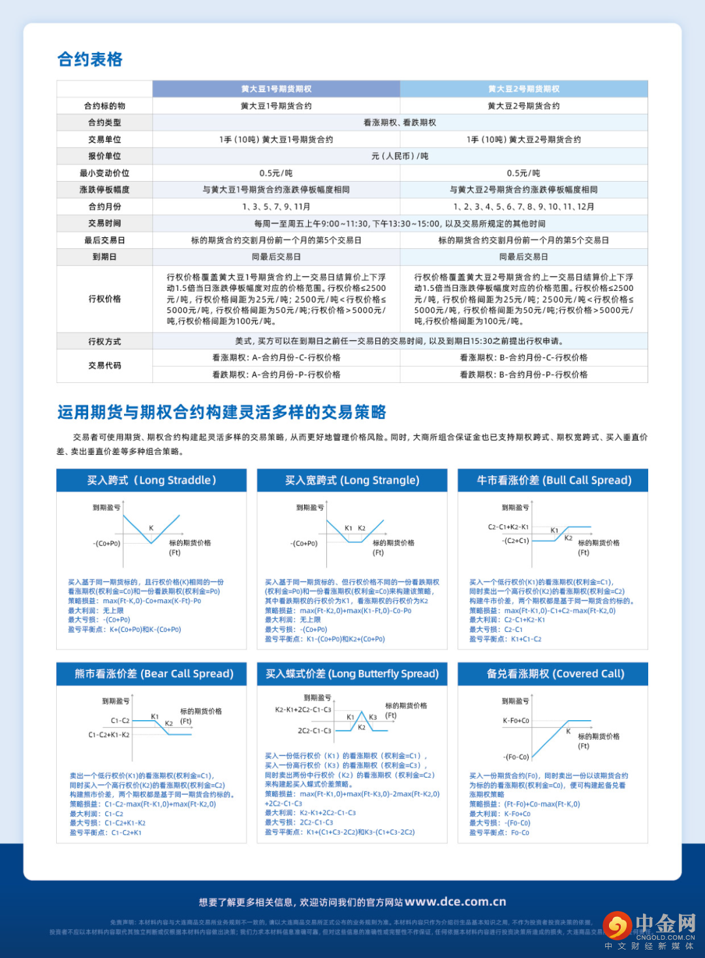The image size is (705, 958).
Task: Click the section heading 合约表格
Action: pyautogui.click(x=90, y=59)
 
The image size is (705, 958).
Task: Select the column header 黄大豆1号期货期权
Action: pyautogui.click(x=276, y=89)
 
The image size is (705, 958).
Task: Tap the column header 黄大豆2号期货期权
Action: pyautogui.click(x=524, y=89)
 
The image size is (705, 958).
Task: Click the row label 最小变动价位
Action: pyautogui.click(x=104, y=173)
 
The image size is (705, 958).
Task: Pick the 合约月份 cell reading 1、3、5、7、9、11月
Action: pyautogui.click(x=276, y=206)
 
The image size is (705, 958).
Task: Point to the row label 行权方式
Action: pyautogui.click(x=104, y=341)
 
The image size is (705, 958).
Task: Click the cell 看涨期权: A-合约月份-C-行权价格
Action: pyautogui.click(x=276, y=357)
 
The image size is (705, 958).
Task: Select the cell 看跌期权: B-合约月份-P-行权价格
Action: pyautogui.click(x=524, y=374)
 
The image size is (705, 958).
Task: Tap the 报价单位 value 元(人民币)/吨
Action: pyautogui.click(x=399, y=156)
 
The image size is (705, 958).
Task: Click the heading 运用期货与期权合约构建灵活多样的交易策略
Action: pyautogui.click(x=222, y=412)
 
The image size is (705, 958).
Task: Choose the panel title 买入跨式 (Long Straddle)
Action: pyautogui.click(x=151, y=480)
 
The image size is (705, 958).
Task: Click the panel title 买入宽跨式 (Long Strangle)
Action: pyautogui.click(x=352, y=480)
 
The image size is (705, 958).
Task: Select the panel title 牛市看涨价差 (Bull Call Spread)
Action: pyautogui.click(x=554, y=480)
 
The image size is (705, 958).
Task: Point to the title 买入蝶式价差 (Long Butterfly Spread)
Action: pyautogui.click(x=352, y=674)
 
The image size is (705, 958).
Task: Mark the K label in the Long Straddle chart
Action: pyautogui.click(x=151, y=528)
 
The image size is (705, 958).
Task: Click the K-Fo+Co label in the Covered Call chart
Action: pyautogui.click(x=516, y=720)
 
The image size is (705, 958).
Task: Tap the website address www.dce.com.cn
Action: pyautogui.click(x=455, y=902)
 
